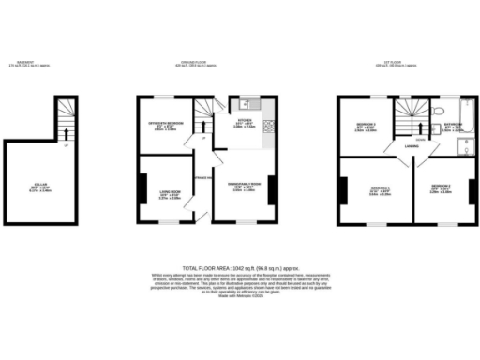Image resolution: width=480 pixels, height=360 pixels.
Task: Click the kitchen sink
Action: click(242, 103)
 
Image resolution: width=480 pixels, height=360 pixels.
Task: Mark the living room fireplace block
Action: click(142, 190)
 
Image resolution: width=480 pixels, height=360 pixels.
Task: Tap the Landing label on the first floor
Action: click(411, 147)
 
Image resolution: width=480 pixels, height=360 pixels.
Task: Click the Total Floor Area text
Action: click(239, 267)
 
